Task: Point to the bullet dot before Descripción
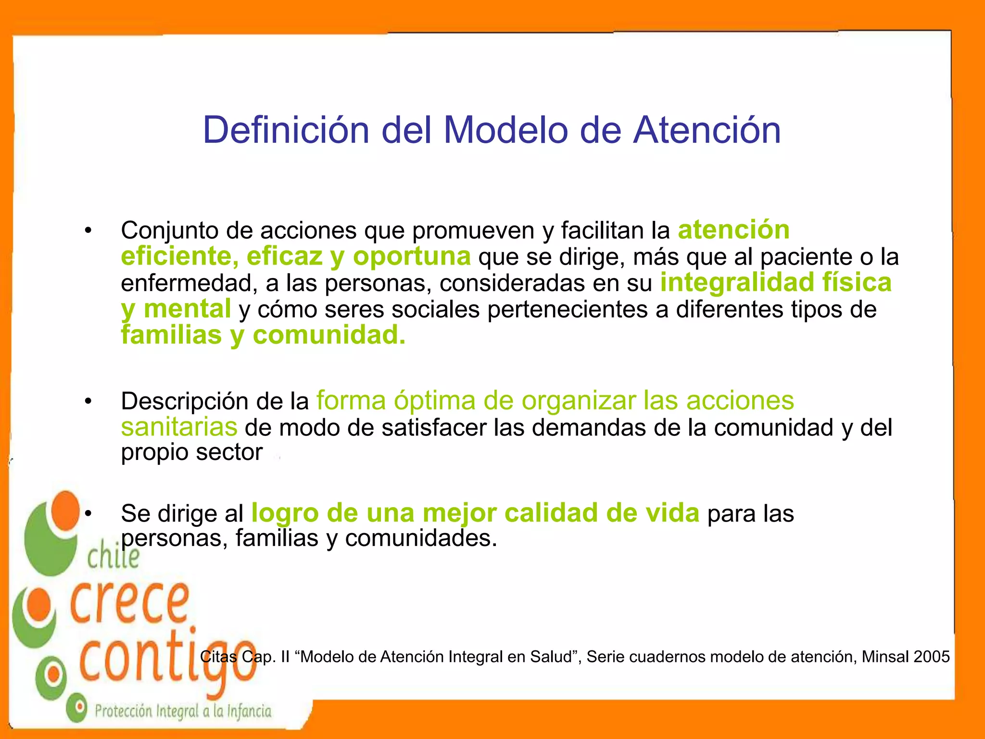click(x=88, y=401)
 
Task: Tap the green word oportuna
click(x=412, y=256)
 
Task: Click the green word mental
click(x=187, y=309)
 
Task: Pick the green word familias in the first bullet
click(x=171, y=335)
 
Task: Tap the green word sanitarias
click(x=179, y=427)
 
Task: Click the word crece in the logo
click(x=130, y=603)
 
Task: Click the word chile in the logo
click(x=114, y=558)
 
